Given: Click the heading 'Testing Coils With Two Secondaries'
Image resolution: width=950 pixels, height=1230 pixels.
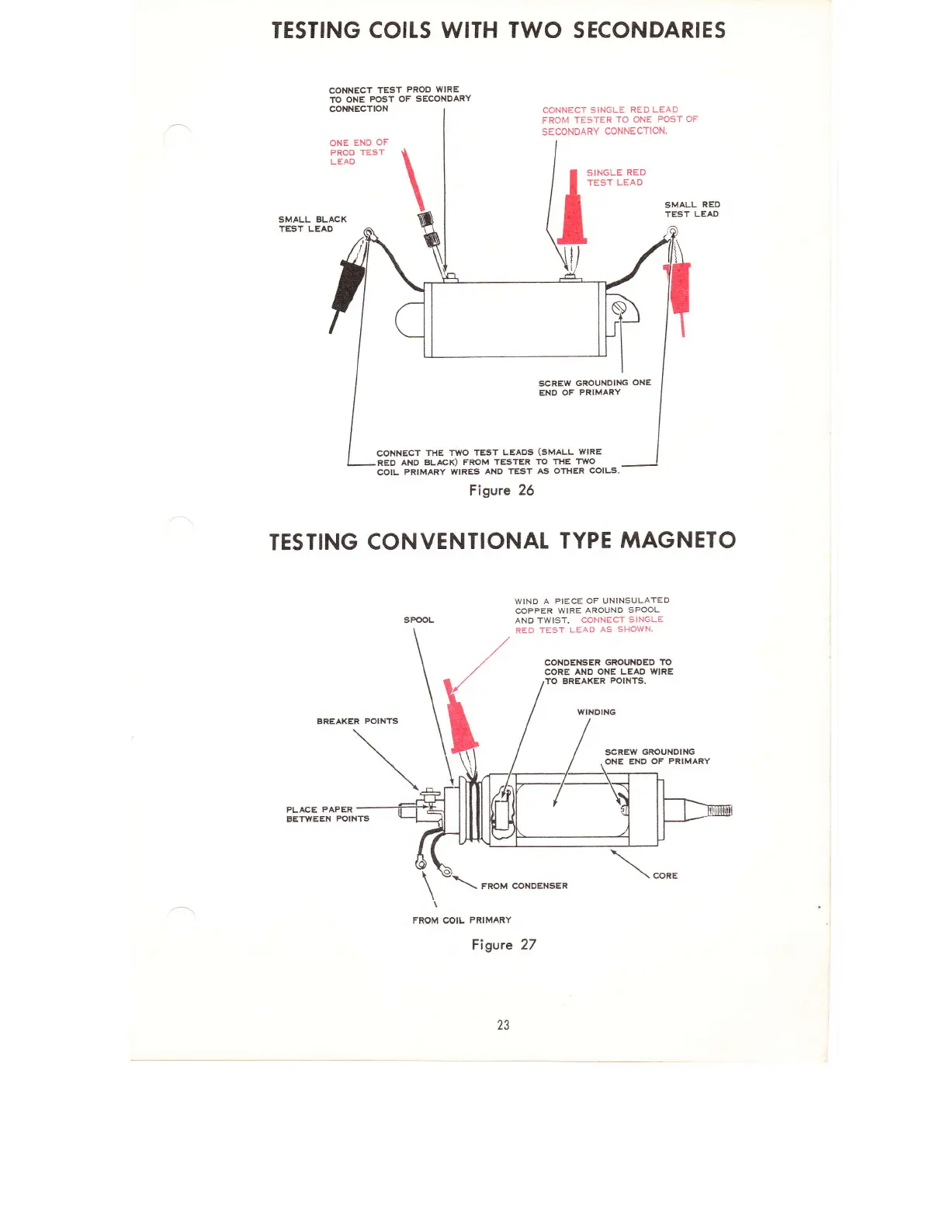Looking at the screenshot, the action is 498,30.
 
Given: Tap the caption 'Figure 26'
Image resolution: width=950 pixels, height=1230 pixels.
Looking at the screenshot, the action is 501,490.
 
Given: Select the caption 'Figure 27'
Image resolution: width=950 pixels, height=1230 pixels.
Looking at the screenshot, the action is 504,944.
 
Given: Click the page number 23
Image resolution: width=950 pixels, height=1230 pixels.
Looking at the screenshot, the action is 503,1025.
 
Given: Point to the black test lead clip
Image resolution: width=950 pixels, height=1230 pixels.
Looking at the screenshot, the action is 348,283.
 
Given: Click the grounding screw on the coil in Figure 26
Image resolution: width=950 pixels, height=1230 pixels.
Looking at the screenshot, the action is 619,308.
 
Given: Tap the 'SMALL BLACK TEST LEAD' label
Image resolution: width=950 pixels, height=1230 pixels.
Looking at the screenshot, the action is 312,224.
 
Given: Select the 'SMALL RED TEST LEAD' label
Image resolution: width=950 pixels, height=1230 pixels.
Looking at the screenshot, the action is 692,209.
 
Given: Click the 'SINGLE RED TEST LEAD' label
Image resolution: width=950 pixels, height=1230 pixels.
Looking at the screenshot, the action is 615,177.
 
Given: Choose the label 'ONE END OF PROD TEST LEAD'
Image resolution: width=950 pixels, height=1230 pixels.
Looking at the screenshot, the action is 358,152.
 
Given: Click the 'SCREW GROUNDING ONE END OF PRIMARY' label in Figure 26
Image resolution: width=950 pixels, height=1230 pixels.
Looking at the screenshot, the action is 595,387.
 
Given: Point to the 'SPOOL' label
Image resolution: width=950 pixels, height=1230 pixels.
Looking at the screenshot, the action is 418,620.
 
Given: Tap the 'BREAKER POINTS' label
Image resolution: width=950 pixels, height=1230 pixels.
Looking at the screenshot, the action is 357,721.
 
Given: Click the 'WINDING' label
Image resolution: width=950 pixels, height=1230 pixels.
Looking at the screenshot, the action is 596,712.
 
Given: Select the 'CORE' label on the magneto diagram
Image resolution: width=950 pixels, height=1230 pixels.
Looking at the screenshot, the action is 665,875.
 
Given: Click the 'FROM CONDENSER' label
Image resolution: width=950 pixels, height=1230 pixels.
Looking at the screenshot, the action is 524,885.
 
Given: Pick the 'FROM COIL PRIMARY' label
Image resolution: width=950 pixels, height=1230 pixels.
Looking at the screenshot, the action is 462,920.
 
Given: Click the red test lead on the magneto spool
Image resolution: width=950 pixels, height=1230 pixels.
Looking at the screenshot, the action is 461,722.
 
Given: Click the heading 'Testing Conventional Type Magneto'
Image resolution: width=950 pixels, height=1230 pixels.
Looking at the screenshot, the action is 502,540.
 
